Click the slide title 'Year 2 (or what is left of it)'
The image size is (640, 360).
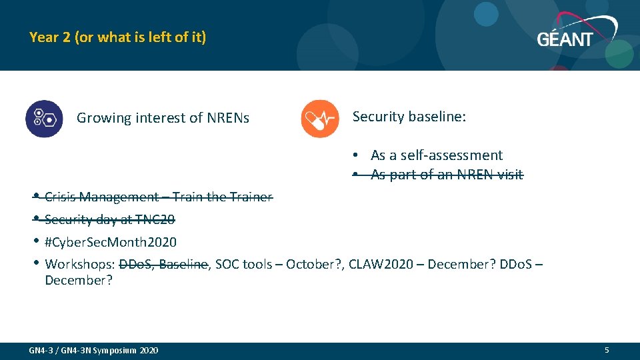pyautogui.click(x=117, y=37)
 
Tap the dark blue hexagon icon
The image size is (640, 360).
pyautogui.click(x=44, y=119)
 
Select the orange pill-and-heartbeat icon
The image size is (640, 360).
pyautogui.click(x=320, y=119)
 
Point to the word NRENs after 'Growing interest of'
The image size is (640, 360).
pyautogui.click(x=228, y=118)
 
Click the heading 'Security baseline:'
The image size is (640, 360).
pyautogui.click(x=409, y=117)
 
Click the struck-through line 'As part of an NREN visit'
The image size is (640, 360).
pyautogui.click(x=447, y=175)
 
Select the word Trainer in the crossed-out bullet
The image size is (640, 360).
pyautogui.click(x=251, y=197)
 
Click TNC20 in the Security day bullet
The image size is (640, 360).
pyautogui.click(x=155, y=219)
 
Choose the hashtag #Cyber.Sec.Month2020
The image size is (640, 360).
pyautogui.click(x=111, y=242)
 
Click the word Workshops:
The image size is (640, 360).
pyautogui.click(x=79, y=265)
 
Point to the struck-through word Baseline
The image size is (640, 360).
pyautogui.click(x=183, y=265)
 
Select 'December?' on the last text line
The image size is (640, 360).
pyautogui.click(x=79, y=280)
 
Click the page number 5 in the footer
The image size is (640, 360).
pyautogui.click(x=607, y=350)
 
